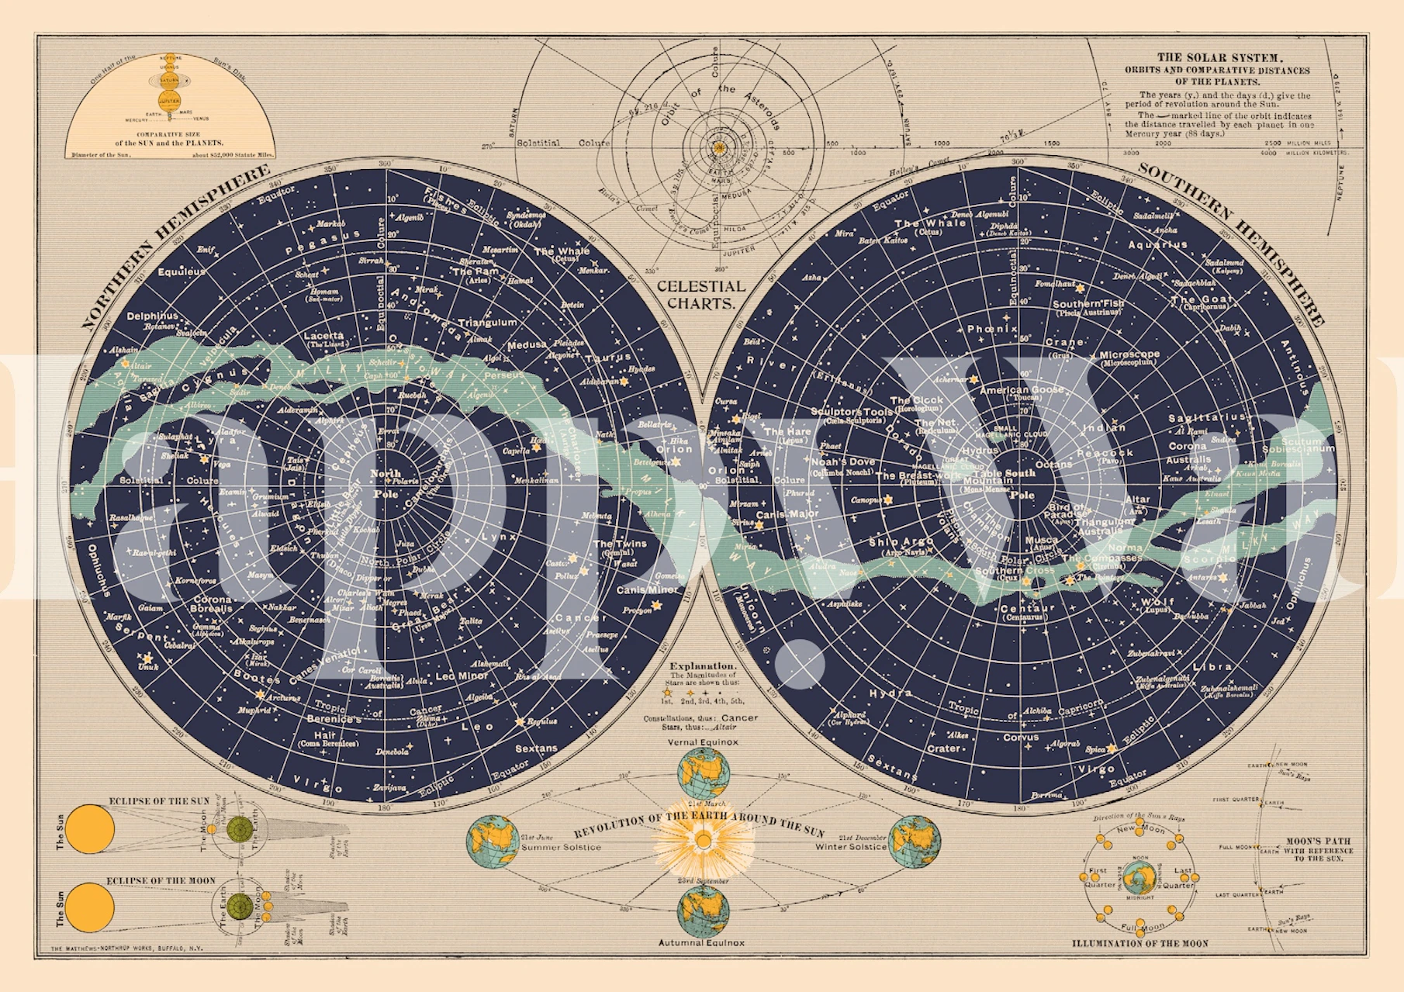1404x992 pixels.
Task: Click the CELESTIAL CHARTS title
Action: [700, 295]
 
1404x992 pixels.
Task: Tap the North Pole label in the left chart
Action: [386, 483]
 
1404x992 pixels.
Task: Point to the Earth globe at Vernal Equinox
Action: [703, 773]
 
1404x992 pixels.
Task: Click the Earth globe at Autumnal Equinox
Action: [703, 911]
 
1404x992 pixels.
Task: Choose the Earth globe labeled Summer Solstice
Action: [493, 842]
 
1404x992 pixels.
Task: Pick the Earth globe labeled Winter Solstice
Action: [915, 842]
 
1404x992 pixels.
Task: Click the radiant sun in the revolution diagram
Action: [703, 841]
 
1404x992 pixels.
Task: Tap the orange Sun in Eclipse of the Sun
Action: [90, 828]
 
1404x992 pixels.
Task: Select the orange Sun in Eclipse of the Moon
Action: [90, 907]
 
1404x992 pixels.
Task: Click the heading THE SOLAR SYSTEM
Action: [1219, 57]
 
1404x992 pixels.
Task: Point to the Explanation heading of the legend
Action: [703, 665]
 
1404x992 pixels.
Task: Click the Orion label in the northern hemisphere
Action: [673, 449]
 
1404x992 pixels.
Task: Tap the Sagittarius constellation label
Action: [1206, 417]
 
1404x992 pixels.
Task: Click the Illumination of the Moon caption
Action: [1139, 943]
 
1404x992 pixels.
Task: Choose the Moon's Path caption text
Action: [1318, 849]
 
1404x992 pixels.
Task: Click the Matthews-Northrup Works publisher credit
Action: [126, 949]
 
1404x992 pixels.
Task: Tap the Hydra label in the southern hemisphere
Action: [890, 693]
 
